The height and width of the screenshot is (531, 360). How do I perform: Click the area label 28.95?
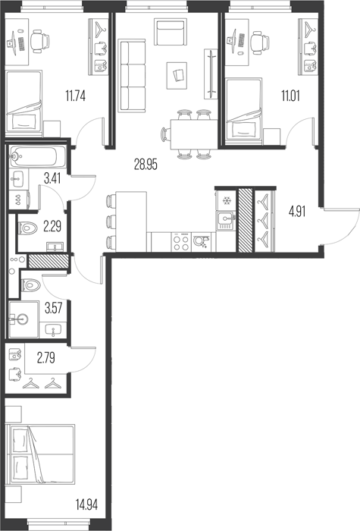coord(146,165)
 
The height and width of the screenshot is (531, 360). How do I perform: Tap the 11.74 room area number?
coord(76,96)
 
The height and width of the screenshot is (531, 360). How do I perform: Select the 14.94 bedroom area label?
coord(87,505)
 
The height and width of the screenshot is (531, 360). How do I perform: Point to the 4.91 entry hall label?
coord(297,212)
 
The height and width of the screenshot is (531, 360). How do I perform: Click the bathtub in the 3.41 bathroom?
coord(37,156)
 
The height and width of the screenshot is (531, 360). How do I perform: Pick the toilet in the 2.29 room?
coord(29,228)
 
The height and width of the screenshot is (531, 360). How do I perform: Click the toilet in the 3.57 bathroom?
coord(31,285)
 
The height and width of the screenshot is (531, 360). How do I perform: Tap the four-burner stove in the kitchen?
coord(181,242)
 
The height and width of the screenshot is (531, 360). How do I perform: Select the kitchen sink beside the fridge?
coord(226,221)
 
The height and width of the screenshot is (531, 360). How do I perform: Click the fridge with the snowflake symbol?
coord(226,200)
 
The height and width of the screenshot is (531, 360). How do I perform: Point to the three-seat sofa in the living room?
coord(132,76)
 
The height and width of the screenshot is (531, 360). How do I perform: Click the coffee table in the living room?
coord(177,76)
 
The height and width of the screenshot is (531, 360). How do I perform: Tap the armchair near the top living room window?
coord(171,32)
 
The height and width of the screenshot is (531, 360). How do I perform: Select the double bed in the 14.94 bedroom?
coord(41,454)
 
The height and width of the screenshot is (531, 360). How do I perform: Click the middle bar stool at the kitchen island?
coord(111,222)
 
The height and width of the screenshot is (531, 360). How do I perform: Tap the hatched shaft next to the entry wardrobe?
coord(246,220)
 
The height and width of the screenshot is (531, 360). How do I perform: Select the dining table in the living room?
coord(194,134)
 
